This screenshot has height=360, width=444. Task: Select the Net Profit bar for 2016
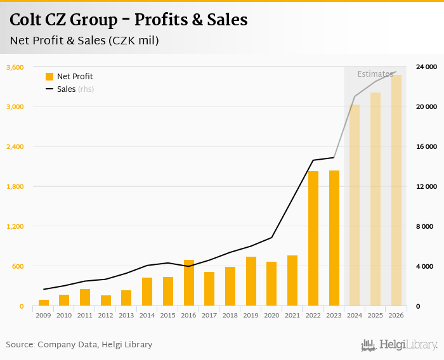[189, 283]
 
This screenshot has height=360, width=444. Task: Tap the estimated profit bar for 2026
[396, 190]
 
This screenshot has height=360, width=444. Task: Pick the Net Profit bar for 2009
[44, 303]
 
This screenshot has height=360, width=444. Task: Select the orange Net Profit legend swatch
[49, 77]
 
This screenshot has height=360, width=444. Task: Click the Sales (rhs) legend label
[75, 89]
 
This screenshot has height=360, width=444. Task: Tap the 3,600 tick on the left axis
[15, 67]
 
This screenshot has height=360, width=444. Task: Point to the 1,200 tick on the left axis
[15, 226]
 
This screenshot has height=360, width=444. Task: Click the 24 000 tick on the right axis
[426, 67]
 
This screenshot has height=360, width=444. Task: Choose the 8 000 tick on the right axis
[426, 226]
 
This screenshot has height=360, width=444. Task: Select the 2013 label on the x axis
[126, 315]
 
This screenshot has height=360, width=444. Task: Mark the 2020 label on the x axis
[271, 315]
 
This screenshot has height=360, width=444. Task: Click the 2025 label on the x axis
[375, 315]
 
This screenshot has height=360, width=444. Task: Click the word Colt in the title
[27, 20]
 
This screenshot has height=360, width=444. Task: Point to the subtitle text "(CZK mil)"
[133, 41]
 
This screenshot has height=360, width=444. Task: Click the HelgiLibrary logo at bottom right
[399, 345]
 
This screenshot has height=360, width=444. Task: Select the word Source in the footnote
[19, 345]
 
